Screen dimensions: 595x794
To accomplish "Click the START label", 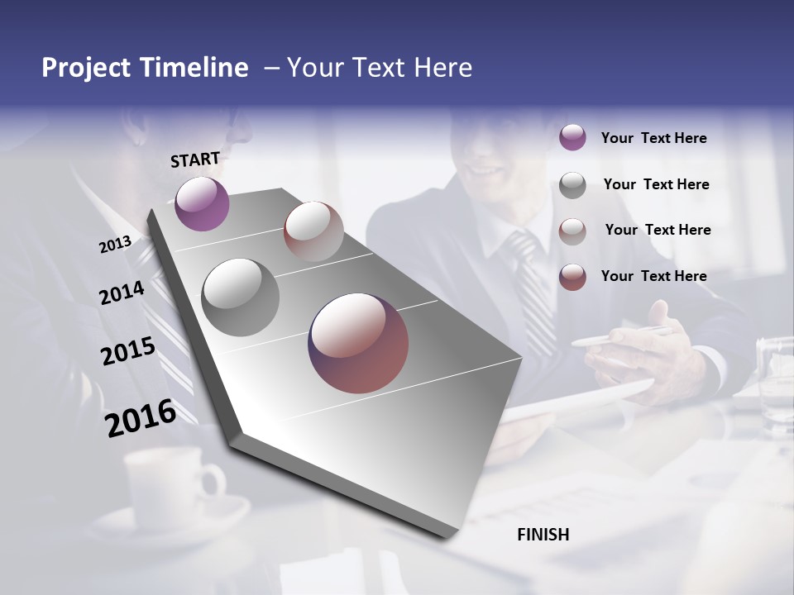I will click(195, 159).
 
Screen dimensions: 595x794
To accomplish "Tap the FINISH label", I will click(543, 535).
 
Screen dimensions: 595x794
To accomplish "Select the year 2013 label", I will click(116, 245).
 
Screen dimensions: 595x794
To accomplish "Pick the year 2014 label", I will click(122, 293).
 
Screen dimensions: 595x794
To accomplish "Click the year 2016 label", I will click(141, 418).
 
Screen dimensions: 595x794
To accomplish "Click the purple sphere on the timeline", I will click(202, 204).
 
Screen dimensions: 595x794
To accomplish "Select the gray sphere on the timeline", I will click(240, 297).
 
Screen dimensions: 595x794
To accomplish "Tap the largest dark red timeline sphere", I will click(358, 343).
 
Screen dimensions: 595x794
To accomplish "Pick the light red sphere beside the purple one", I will click(313, 231).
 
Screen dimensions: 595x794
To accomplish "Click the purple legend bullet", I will click(572, 137).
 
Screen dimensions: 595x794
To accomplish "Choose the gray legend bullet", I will click(572, 185).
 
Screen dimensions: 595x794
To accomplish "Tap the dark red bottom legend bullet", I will click(572, 277).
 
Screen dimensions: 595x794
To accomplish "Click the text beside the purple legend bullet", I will click(653, 138).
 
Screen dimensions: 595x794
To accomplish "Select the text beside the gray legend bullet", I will click(656, 184).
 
